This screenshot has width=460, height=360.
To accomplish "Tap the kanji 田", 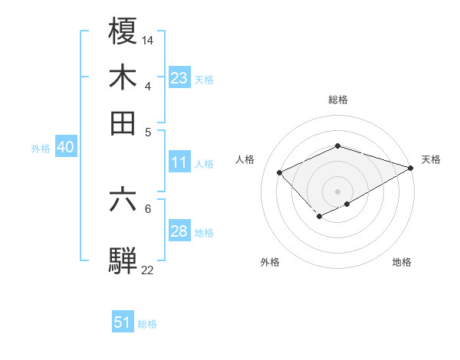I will point(123,123).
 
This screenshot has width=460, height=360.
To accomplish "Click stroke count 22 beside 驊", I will point(148,270).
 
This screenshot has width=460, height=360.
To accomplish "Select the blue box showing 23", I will point(179,78).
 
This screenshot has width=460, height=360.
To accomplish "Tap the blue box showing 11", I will point(179,162).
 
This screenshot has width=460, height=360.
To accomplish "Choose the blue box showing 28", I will point(179,231).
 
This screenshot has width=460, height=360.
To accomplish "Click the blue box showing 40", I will point(65,148).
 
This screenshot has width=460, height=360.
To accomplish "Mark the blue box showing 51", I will point(123,322).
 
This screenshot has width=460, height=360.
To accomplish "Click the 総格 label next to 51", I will point(147,324).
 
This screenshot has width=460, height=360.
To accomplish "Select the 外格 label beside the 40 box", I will point(41,149).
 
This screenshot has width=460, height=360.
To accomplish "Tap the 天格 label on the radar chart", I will point(431,159).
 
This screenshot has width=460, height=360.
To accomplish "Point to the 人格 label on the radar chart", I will point(245,159).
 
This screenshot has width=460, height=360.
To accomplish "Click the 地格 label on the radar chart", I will point(402,262).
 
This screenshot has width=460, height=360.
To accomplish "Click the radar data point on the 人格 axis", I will point(280,173).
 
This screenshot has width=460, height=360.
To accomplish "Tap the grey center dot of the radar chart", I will point(337,191).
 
